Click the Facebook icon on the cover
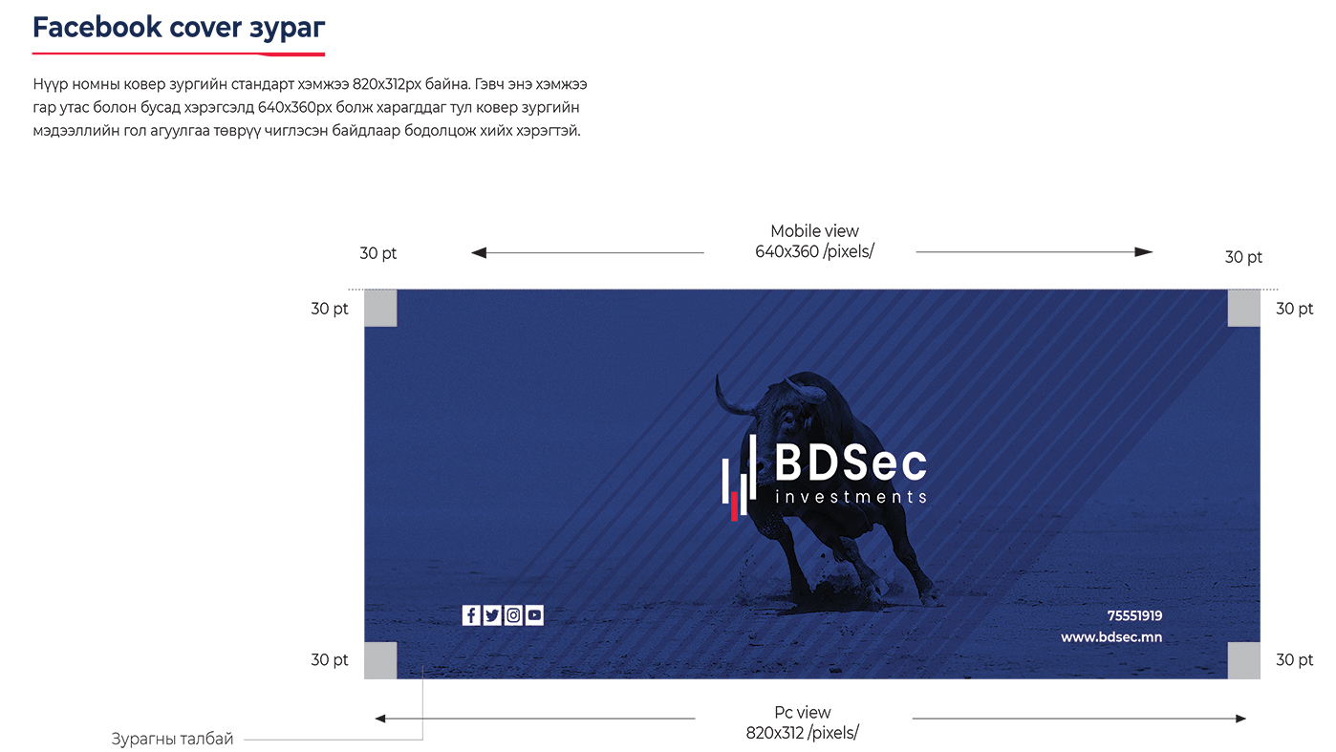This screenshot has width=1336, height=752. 470,614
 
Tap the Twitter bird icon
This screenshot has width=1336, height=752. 492,614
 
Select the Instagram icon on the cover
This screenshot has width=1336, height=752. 513,614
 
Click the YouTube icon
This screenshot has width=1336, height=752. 534,614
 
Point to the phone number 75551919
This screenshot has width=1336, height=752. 1134,615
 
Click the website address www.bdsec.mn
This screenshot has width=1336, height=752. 1111,637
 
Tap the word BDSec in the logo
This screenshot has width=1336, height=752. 851,463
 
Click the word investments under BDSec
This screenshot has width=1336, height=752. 851,497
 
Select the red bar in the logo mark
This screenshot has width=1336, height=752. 734,506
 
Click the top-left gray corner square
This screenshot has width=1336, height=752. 380,309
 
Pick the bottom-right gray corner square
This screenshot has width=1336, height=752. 1243,660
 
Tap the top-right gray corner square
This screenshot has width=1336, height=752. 1243,309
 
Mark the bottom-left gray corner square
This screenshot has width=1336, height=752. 380,660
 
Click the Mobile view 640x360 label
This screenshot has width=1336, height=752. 814,242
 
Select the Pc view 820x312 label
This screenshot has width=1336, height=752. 802,722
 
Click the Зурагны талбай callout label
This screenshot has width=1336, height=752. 172,739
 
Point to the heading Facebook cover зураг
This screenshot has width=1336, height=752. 179,28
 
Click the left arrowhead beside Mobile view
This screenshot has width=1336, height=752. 479,253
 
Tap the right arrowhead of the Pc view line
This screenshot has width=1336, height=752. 1240,719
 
